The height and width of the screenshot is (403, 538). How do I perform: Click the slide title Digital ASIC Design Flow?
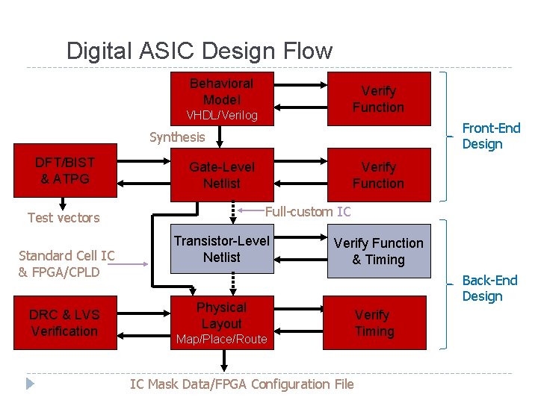[x=199, y=51]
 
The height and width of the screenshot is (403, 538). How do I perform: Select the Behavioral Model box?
[x=221, y=98]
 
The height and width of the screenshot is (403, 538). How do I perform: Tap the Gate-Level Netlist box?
[x=221, y=175]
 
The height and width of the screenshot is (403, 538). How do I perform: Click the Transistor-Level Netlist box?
[x=221, y=250]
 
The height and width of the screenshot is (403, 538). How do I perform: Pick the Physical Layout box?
[x=221, y=324]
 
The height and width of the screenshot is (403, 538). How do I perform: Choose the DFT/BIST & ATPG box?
[x=65, y=171]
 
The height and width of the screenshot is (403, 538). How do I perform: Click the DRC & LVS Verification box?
[x=65, y=322]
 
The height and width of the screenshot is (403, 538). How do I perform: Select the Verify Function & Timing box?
[x=378, y=251]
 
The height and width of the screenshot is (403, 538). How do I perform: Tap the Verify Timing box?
[x=374, y=322]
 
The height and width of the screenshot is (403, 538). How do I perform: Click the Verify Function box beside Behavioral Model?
[x=378, y=99]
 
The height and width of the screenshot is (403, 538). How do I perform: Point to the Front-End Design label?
[x=491, y=136]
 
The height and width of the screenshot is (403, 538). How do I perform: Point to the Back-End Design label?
[x=489, y=288]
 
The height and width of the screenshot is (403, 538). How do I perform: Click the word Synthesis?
[x=176, y=137]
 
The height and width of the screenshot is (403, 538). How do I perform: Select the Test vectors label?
[x=64, y=218]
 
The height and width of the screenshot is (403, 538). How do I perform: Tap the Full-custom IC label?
[x=307, y=211]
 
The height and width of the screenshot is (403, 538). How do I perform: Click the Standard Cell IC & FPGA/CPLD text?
[x=66, y=263]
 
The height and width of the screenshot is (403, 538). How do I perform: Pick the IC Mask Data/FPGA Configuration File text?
[x=241, y=384]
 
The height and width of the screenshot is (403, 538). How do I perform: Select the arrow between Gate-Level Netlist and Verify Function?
[x=299, y=175]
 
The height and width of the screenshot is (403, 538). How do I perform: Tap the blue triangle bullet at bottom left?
[x=30, y=384]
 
